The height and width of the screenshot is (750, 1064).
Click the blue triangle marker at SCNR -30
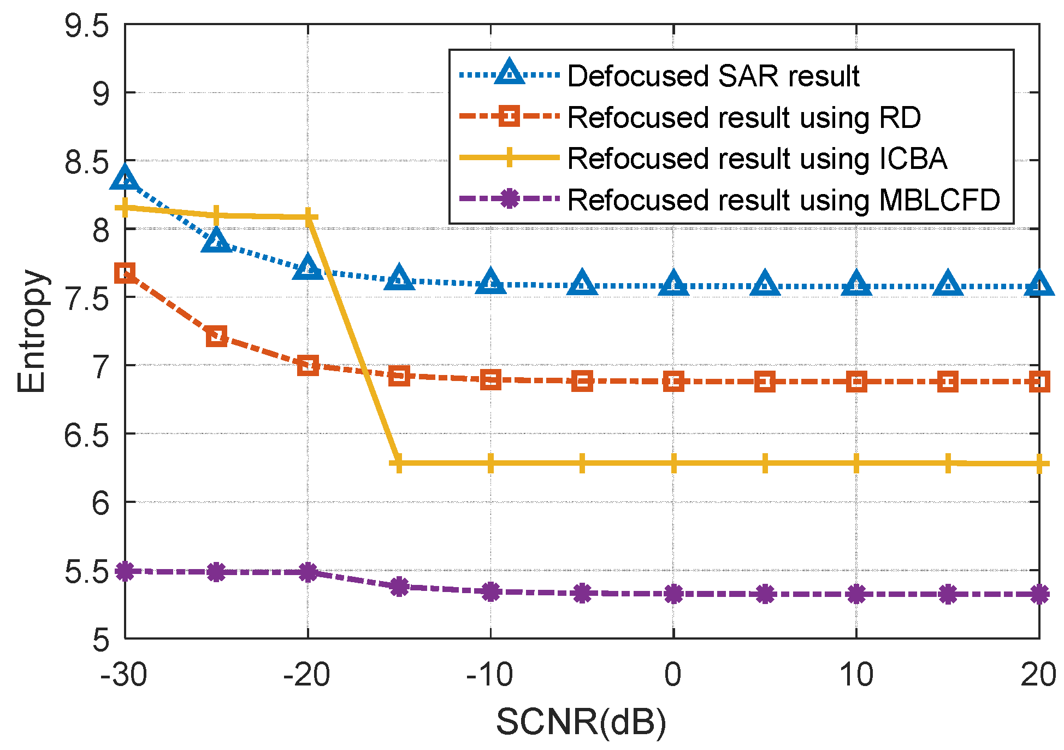click(125, 178)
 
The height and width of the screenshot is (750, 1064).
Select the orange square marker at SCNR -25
click(217, 336)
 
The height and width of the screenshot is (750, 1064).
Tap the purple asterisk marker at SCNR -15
click(399, 587)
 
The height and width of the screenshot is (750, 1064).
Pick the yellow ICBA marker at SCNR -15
click(399, 463)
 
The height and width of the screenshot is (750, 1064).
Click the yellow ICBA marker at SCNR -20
click(308, 217)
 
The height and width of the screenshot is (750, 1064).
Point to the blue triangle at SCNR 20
click(1038, 285)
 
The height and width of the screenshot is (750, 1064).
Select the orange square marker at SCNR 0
click(673, 382)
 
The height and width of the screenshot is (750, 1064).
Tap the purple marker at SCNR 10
click(856, 594)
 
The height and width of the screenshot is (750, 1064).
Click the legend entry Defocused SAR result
click(713, 75)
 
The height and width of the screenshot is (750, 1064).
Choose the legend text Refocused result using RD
click(744, 117)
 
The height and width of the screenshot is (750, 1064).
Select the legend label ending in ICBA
click(756, 159)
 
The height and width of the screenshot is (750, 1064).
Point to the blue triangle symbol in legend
click(509, 73)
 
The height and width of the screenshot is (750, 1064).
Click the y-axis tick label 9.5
click(87, 26)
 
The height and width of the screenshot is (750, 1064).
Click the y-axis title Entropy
click(31, 331)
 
